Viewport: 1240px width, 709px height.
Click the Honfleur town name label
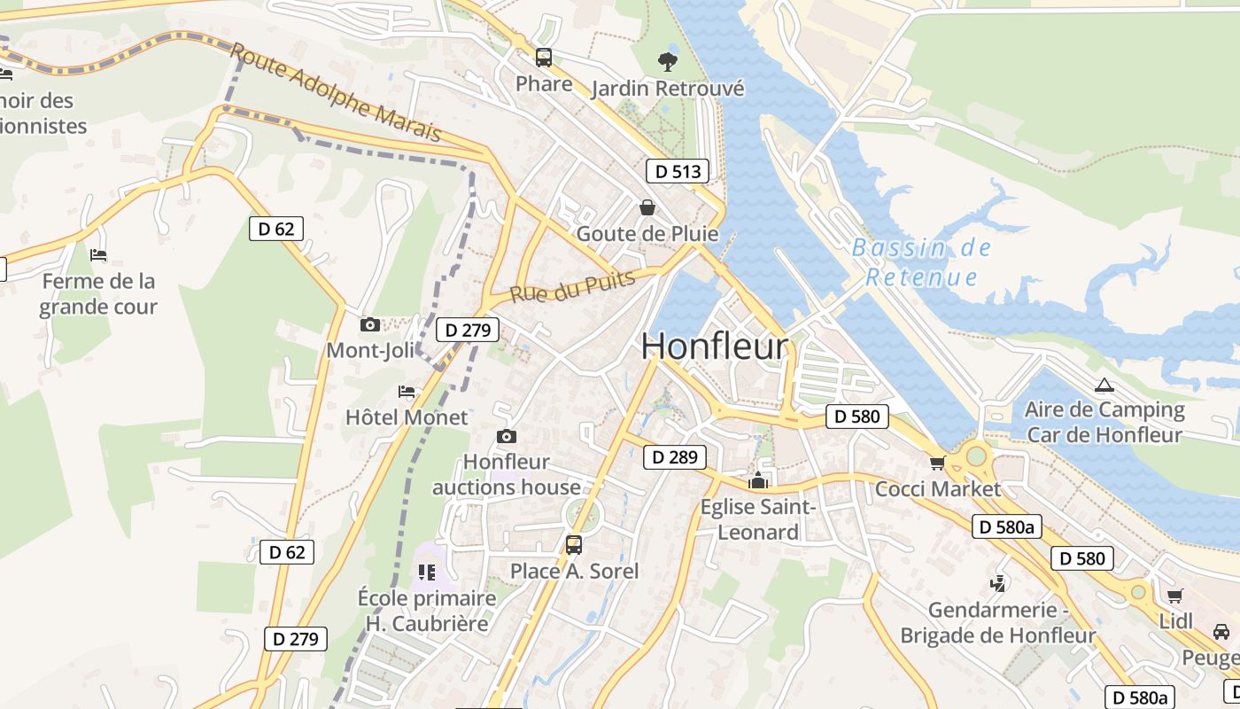coord(714,346)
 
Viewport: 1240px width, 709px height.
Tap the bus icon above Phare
coord(544,58)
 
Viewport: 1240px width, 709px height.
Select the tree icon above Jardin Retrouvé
coord(668,61)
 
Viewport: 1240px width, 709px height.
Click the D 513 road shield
coord(678,171)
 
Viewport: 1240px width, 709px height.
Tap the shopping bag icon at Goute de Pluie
coord(647,207)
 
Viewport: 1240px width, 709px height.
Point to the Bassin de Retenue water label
coord(921,262)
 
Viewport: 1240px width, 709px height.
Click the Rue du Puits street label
coord(572,287)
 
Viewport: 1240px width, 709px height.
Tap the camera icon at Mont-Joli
coord(370,325)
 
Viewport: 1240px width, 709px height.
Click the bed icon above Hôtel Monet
coord(407,391)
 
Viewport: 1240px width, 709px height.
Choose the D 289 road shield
coord(675,457)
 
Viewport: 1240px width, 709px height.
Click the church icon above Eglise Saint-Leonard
coord(758,481)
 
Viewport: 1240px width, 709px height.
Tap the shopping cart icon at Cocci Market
coord(937,463)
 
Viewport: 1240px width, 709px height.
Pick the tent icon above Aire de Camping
coord(1103,385)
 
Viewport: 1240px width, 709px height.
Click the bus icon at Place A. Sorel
coord(574,544)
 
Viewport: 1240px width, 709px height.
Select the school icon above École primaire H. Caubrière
coord(427,573)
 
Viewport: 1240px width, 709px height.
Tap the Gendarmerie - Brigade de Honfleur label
coord(997,623)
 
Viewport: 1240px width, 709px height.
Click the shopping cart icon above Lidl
coord(1174,596)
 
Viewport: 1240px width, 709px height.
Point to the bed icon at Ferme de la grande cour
coord(98,255)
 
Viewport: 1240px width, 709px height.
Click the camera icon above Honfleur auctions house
coord(507,436)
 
